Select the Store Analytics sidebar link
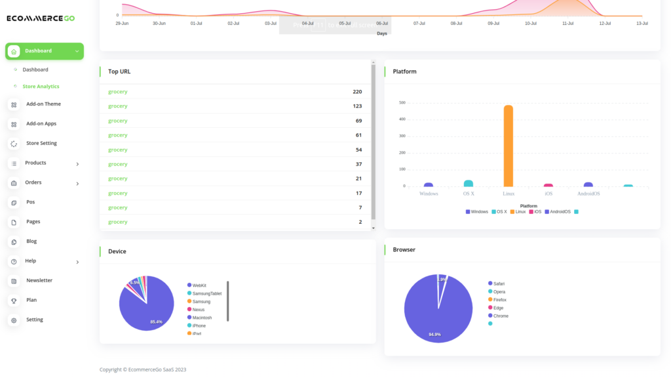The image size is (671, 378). pyautogui.click(x=41, y=87)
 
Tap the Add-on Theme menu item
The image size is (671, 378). pyautogui.click(x=43, y=104)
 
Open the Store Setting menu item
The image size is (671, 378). pyautogui.click(x=41, y=143)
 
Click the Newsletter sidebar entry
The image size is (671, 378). pyautogui.click(x=39, y=280)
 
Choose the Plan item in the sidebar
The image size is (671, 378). pyautogui.click(x=31, y=300)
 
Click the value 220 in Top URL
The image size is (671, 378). pyautogui.click(x=357, y=92)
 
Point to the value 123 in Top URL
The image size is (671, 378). pyautogui.click(x=357, y=106)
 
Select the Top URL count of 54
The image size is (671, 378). pyautogui.click(x=358, y=150)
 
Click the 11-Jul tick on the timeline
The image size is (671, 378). pyautogui.click(x=567, y=23)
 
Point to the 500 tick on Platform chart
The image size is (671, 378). pyautogui.click(x=402, y=103)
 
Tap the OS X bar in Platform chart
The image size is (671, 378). pyautogui.click(x=469, y=184)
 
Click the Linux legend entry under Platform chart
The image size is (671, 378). pyautogui.click(x=518, y=212)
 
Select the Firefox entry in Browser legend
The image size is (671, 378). pyautogui.click(x=499, y=300)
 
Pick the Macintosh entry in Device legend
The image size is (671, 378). pyautogui.click(x=202, y=318)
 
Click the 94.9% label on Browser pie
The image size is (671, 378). pyautogui.click(x=434, y=335)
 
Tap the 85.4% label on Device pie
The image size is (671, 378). pyautogui.click(x=156, y=322)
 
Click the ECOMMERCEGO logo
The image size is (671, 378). pyautogui.click(x=40, y=18)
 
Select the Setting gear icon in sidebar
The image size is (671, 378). pyautogui.click(x=14, y=320)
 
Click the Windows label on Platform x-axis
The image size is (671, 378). pyautogui.click(x=429, y=194)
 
